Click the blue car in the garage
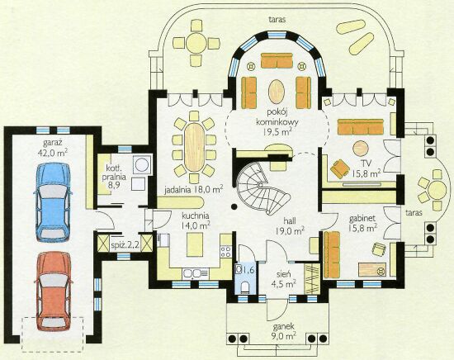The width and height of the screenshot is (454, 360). coord(53,202)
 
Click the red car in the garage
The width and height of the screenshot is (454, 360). coord(53,291)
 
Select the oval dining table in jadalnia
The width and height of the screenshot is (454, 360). coord(194,148)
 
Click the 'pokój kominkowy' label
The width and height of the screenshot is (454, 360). coord(277,117)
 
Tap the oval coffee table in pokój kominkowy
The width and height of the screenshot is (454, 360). coord(277,89)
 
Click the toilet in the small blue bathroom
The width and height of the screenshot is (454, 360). coord(245,287)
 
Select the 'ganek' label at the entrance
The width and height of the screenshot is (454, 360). coord(284,326)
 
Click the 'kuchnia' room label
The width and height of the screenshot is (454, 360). coord(196,216)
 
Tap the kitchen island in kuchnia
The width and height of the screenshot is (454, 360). coord(195,244)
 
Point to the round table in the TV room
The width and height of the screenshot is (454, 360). coord(361,149)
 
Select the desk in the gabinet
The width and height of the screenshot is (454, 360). coord(372,270)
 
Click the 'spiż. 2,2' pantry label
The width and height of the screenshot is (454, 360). coord(125,246)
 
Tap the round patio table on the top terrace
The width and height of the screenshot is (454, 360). coord(196,43)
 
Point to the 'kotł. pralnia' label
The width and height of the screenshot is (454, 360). coord(114,173)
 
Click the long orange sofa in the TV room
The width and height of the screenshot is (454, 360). coord(361,126)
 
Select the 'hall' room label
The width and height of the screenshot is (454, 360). coord(289,221)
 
